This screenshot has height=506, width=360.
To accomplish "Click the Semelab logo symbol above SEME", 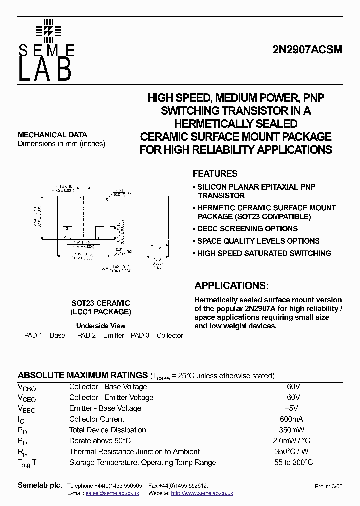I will click(48, 31).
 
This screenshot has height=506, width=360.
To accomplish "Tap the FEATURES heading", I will click(215, 174).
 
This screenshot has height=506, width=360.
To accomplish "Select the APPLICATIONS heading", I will click(230, 286).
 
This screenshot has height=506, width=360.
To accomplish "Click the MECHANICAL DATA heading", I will click(52, 135).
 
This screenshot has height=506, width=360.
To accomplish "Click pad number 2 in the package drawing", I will click(66, 228).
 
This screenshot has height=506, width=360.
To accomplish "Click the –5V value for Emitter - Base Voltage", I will click(291, 408).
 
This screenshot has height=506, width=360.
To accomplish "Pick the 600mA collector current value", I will click(291, 419).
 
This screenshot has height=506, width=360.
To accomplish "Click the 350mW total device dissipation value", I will click(291, 430).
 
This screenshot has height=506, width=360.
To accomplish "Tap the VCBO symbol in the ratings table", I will click(27, 387).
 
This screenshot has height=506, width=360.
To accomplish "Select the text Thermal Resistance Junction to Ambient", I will click(134, 452).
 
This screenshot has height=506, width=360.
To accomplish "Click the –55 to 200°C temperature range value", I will click(291, 463).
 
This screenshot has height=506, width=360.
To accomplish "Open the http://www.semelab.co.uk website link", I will click(202, 493).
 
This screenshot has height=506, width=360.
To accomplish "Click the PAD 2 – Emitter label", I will click(100, 335).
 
